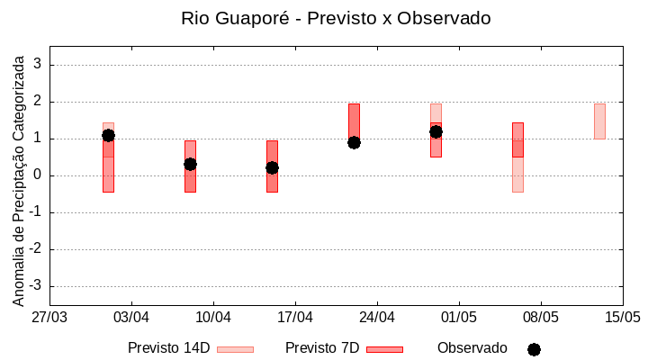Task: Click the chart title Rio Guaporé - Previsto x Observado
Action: (336, 18)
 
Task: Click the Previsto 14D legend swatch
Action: (235, 349)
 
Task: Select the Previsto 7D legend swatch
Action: (384, 349)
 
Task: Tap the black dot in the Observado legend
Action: (534, 349)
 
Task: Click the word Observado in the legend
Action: (472, 347)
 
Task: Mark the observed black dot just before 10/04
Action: (190, 164)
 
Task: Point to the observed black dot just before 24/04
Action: (354, 142)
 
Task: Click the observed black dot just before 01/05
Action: (436, 131)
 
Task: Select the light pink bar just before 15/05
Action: (599, 121)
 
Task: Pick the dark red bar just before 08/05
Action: (517, 139)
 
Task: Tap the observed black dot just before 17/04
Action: (272, 167)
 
